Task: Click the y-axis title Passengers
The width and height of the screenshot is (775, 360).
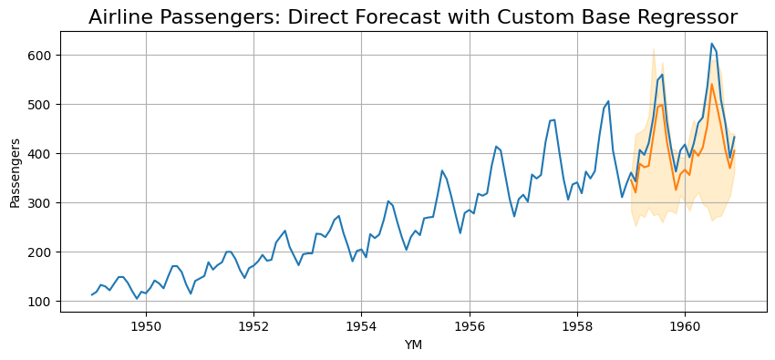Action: pyautogui.click(x=15, y=173)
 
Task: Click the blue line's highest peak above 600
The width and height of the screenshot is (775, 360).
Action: pyautogui.click(x=711, y=44)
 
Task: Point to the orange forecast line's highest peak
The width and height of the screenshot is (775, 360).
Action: pyautogui.click(x=711, y=85)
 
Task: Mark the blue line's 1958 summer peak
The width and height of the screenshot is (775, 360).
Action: pyautogui.click(x=608, y=101)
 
